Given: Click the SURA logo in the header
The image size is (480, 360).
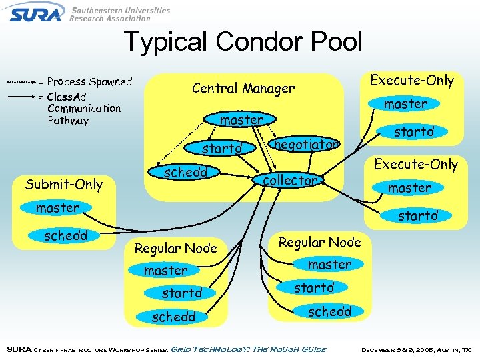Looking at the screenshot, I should click(x=37, y=12).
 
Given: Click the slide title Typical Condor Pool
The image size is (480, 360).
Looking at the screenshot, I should click(x=243, y=42).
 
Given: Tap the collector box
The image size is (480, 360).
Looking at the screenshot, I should click(x=289, y=180).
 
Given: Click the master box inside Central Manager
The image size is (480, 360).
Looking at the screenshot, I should click(x=241, y=120).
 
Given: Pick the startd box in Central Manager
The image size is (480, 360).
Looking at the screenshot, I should click(x=222, y=148).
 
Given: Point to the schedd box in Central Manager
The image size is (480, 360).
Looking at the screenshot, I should click(x=186, y=173).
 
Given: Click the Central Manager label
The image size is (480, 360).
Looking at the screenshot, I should click(x=243, y=88).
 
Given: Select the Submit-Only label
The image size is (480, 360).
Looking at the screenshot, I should click(x=63, y=184).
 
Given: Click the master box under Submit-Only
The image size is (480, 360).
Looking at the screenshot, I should click(x=57, y=208).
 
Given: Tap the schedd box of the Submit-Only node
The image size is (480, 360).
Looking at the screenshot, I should click(x=65, y=236).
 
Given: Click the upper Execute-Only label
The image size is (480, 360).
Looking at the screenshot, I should click(x=411, y=81).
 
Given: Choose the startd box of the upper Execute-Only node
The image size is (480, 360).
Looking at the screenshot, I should click(x=413, y=132).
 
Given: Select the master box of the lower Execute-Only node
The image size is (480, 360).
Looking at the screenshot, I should click(x=409, y=188).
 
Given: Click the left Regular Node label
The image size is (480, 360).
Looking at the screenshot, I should click(x=175, y=248).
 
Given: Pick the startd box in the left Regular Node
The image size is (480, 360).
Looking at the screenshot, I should click(x=181, y=293).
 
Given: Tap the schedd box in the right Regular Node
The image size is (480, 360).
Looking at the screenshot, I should click(x=329, y=311).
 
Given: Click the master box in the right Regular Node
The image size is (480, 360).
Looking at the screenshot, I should click(x=329, y=265).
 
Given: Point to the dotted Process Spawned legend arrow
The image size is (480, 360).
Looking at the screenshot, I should click(x=21, y=82).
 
